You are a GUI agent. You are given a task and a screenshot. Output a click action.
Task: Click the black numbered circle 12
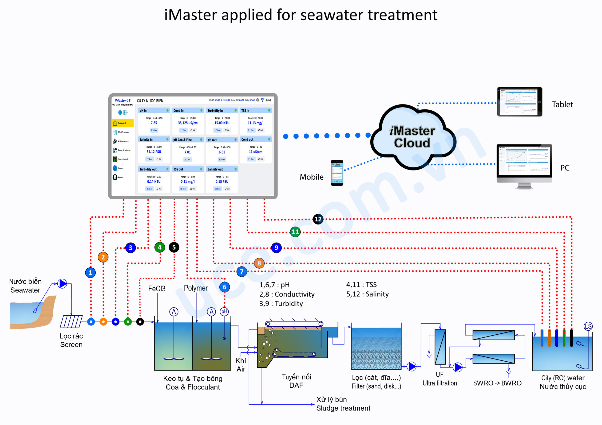pos(318,219)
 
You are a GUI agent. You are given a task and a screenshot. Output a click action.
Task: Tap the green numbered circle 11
pos(295,232)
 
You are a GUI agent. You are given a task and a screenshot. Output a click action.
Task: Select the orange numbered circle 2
pos(103,257)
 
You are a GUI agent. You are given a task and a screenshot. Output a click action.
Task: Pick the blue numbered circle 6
pos(224,287)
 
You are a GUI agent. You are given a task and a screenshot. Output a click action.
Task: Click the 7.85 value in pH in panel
pos(154,123)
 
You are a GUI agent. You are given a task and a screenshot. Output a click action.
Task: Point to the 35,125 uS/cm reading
pos(188,123)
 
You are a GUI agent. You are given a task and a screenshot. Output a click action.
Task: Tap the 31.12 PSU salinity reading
pos(154,152)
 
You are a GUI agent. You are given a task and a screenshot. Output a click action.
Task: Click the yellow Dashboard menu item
pos(123,123)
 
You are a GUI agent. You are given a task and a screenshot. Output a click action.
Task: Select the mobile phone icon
pos(337,173)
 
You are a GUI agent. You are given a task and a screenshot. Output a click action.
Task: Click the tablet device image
pos(519,102)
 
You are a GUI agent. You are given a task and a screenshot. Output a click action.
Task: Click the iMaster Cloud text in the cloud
pos(412,137)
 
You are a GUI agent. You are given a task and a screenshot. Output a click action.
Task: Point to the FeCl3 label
pos(157,289)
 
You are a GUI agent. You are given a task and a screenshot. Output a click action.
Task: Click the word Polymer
pos(196,288)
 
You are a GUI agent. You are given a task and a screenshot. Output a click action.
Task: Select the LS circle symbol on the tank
pos(588,326)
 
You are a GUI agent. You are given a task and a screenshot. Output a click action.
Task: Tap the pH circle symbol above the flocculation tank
pos(224,311)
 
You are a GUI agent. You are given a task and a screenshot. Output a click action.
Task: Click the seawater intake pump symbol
pos(62,284)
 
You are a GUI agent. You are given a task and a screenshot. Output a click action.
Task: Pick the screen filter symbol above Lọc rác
pos(71,321)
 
